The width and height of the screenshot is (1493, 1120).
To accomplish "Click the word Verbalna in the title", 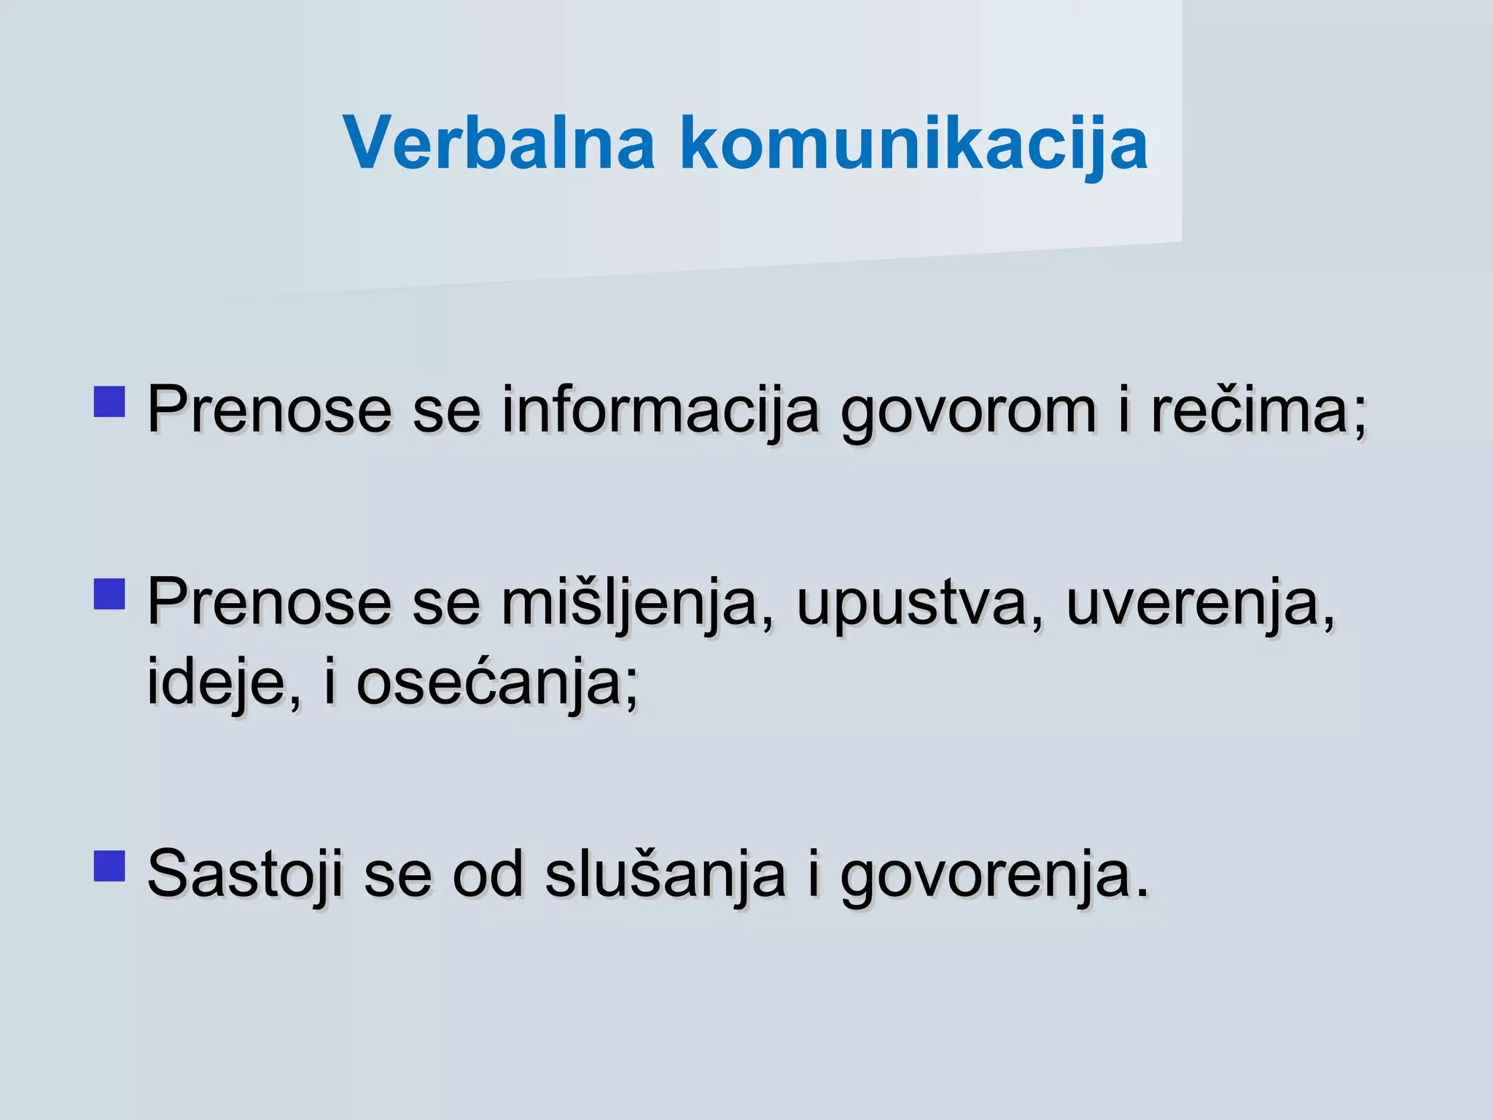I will pyautogui.click(x=499, y=143).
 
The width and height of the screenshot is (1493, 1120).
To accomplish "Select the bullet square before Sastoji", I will pyautogui.click(x=109, y=866).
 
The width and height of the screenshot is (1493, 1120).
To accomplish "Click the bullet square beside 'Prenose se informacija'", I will pyautogui.click(x=109, y=401).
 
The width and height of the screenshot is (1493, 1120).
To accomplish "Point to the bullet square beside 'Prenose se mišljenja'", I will pyautogui.click(x=109, y=594).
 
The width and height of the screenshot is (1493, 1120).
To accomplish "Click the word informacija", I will pyautogui.click(x=660, y=411).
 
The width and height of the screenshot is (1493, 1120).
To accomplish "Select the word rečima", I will pyautogui.click(x=1250, y=411).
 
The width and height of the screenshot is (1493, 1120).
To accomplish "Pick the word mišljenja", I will pyautogui.click(x=629, y=604).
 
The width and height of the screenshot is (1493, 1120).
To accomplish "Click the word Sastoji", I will pyautogui.click(x=245, y=875).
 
